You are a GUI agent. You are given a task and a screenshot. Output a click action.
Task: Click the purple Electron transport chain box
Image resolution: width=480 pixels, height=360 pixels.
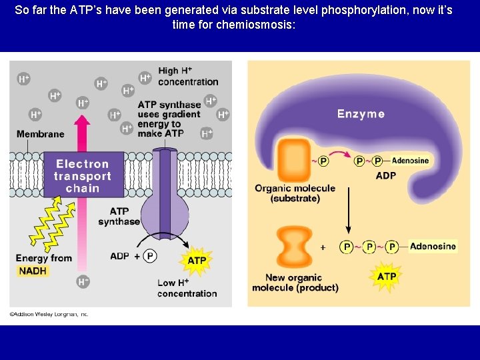pos(83,175)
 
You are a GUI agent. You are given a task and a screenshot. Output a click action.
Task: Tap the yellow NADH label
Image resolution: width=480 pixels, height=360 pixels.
pos(33,271)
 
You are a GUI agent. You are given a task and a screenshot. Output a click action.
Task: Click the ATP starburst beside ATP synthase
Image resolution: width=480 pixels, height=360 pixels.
pos(197,260)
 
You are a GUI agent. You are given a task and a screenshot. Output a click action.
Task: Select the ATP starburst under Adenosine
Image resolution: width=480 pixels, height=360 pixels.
pos(387,276)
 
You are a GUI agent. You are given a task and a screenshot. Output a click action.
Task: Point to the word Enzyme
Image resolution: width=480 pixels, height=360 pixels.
pos(361,114)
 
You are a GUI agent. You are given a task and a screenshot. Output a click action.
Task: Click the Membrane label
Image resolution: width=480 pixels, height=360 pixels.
pos(41,134)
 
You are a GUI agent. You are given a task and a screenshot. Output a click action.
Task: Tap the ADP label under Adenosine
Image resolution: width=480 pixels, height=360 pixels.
pos(385,176)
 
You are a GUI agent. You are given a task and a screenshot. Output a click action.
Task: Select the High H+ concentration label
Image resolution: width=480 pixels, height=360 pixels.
pos(187,77)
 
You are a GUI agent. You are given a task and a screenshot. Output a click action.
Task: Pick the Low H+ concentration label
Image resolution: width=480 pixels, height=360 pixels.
pos(187,288)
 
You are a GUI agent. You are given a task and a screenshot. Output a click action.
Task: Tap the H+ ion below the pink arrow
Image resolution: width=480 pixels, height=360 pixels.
pos(83,282)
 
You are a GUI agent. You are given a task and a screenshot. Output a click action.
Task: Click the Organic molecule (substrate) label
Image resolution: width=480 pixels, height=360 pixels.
pos(295,193)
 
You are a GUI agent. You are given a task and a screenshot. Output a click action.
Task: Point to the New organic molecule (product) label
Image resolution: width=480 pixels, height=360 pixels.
pos(295,283)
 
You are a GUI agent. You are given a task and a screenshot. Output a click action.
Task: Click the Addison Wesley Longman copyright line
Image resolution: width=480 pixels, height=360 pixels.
pos(49,314)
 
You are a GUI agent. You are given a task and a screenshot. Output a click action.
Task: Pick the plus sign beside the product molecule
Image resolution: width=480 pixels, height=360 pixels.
pos(323,247)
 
